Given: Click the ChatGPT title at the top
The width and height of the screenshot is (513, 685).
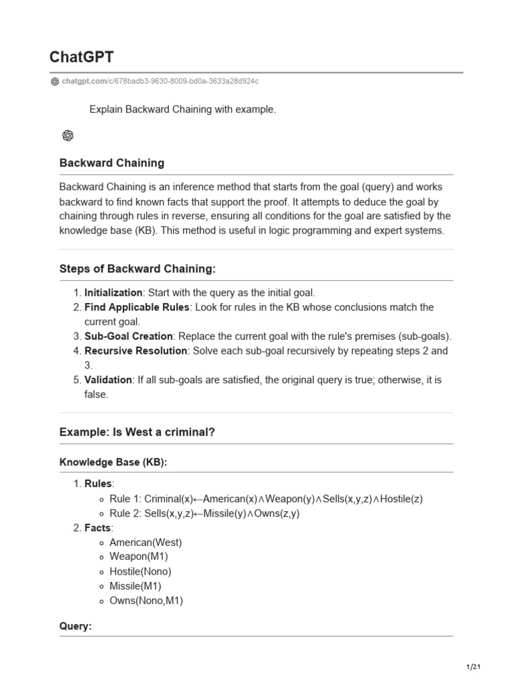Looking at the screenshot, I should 81,57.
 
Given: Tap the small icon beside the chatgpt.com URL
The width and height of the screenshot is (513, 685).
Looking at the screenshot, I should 54,82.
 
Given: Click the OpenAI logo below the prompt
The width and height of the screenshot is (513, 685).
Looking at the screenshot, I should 67,136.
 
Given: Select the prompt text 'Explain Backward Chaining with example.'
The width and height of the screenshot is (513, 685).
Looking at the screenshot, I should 182,109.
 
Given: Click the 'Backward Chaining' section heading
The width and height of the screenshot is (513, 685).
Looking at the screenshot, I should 112,163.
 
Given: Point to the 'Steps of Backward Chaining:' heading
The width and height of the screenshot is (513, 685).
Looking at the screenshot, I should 138,269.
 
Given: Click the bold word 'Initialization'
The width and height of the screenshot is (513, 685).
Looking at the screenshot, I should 114,292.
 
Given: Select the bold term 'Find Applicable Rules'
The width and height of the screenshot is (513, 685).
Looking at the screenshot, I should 137,307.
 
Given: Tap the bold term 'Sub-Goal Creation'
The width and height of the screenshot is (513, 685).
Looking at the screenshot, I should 128,336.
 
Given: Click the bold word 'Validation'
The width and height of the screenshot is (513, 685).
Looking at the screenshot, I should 108,379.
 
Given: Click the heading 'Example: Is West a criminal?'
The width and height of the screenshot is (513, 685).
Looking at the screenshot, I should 137,432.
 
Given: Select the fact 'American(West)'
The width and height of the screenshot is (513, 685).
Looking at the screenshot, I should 146,543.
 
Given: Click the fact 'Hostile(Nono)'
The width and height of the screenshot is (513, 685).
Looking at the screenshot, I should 140,571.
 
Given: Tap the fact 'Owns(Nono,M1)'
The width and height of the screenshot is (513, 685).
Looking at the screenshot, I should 146,600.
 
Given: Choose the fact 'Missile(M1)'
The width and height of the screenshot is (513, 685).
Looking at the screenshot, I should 136,586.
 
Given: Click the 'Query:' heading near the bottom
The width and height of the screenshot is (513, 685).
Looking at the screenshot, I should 75,627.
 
